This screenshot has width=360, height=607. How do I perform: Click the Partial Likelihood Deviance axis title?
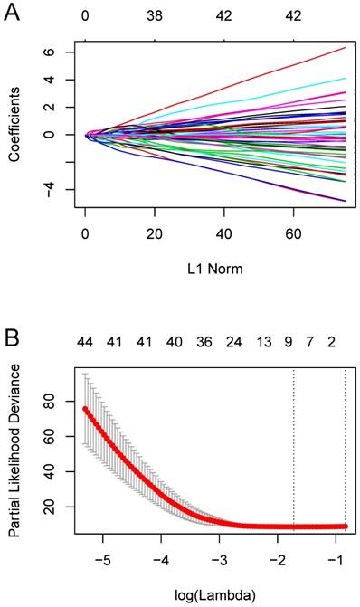[16, 458]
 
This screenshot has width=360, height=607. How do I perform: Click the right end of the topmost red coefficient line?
[346, 47]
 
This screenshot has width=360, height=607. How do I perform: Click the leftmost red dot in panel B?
[86, 409]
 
